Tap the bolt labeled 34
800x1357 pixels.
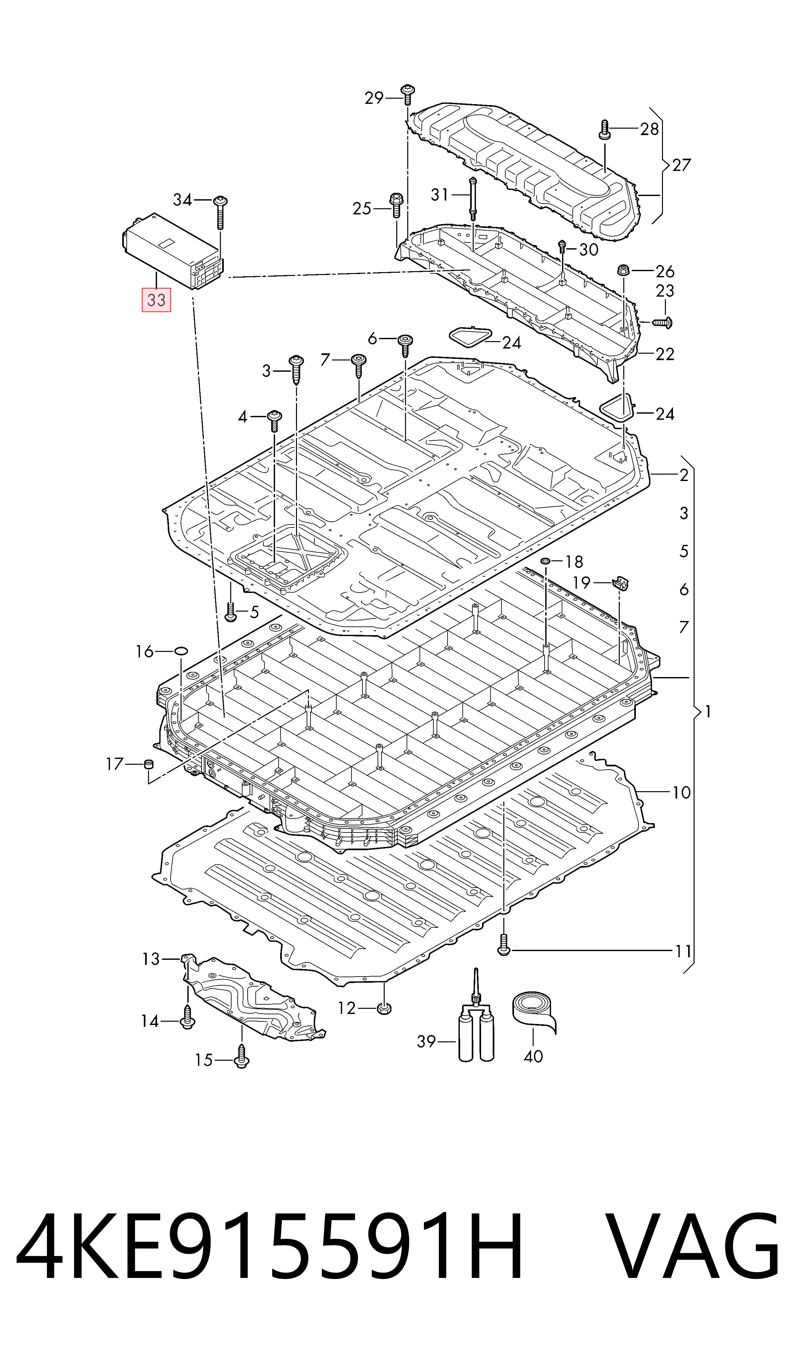(x=220, y=213)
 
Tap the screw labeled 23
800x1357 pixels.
(x=663, y=322)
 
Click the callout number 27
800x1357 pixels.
(x=681, y=165)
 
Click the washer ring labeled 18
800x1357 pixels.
(x=546, y=562)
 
